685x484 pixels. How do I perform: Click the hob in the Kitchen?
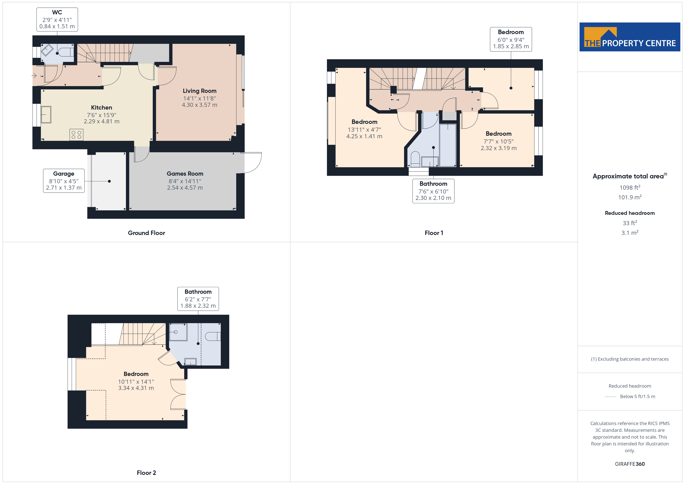[76, 135]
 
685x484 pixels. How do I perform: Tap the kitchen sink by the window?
[46, 114]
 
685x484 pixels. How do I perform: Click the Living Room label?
[200, 91]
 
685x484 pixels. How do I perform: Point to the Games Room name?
[185, 174]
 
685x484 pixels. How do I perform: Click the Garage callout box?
[64, 181]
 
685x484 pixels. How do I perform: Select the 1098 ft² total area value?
[630, 188]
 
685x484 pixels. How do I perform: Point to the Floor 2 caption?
[146, 473]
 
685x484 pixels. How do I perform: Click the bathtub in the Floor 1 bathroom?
[448, 145]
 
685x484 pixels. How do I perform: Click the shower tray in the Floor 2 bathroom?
[178, 332]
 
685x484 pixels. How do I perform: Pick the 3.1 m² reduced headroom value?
[630, 233]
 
